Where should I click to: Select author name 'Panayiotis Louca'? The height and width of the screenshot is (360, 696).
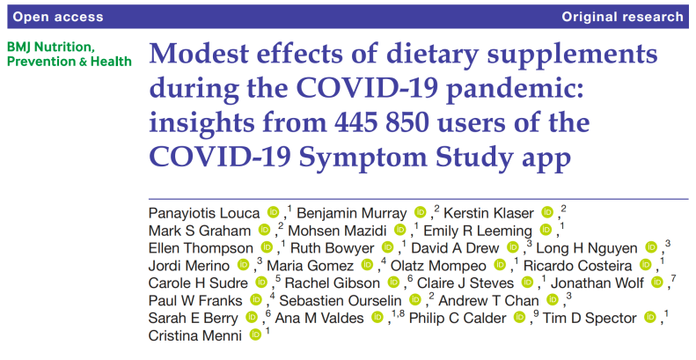205,212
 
